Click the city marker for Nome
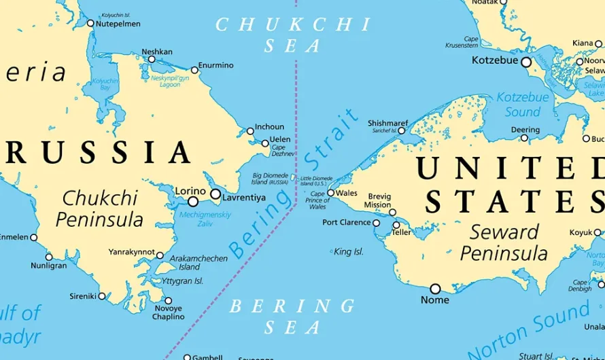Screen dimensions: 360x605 435,289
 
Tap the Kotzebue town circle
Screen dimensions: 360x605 526,62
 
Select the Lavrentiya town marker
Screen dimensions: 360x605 215,194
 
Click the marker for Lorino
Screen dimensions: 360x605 193,201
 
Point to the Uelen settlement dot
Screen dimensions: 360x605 265,143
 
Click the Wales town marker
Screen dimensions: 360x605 331,193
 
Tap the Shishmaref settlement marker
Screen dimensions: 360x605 402,130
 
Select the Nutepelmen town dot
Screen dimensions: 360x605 90,23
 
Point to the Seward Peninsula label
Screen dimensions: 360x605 504,242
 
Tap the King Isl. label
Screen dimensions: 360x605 349,252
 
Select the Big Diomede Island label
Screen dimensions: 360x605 271,179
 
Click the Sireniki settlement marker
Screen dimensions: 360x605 102,296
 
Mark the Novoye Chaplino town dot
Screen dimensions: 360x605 169,300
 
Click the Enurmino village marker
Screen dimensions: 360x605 194,70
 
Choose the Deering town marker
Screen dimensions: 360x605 524,138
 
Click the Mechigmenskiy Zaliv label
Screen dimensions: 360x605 205,219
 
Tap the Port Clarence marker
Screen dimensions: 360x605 377,223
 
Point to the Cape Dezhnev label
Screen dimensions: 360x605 283,151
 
